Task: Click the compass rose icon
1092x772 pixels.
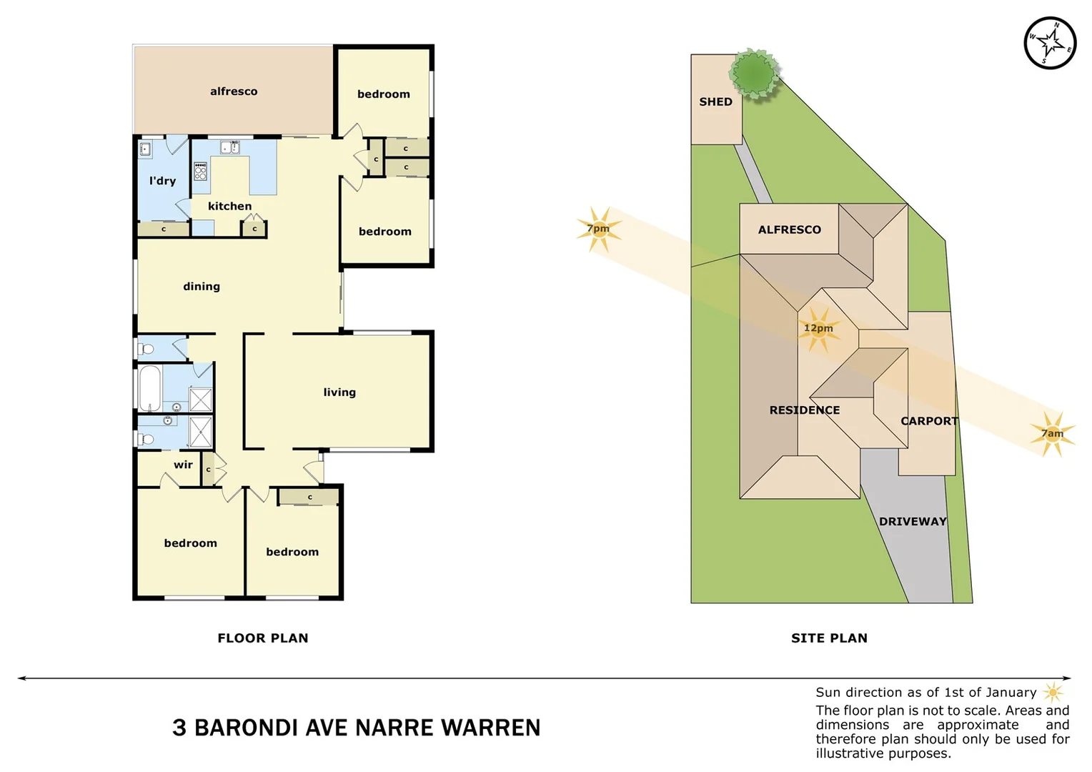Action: click(x=1049, y=43)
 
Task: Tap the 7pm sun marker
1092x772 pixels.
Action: click(x=598, y=229)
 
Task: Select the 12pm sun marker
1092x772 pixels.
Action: click(x=818, y=329)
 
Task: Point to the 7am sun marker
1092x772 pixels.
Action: click(x=1051, y=433)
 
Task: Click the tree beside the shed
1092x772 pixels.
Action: click(x=753, y=74)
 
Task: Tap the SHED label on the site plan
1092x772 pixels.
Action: click(x=715, y=102)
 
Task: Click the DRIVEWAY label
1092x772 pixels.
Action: click(x=912, y=522)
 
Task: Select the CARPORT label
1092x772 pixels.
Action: click(x=928, y=421)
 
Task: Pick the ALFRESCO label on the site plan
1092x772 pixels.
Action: click(x=789, y=229)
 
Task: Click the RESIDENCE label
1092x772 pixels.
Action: click(x=804, y=410)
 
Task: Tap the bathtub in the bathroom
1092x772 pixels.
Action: click(x=149, y=388)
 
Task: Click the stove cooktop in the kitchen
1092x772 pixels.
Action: click(x=201, y=172)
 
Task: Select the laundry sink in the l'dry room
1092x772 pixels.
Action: click(x=145, y=149)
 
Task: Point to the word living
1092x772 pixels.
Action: click(x=339, y=392)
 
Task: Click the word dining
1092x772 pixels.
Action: click(x=201, y=287)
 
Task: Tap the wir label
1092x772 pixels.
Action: click(x=183, y=465)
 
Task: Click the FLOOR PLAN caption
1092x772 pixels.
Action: click(x=262, y=638)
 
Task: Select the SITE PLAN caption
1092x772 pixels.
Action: click(x=829, y=638)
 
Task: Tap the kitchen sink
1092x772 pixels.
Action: click(x=229, y=148)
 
